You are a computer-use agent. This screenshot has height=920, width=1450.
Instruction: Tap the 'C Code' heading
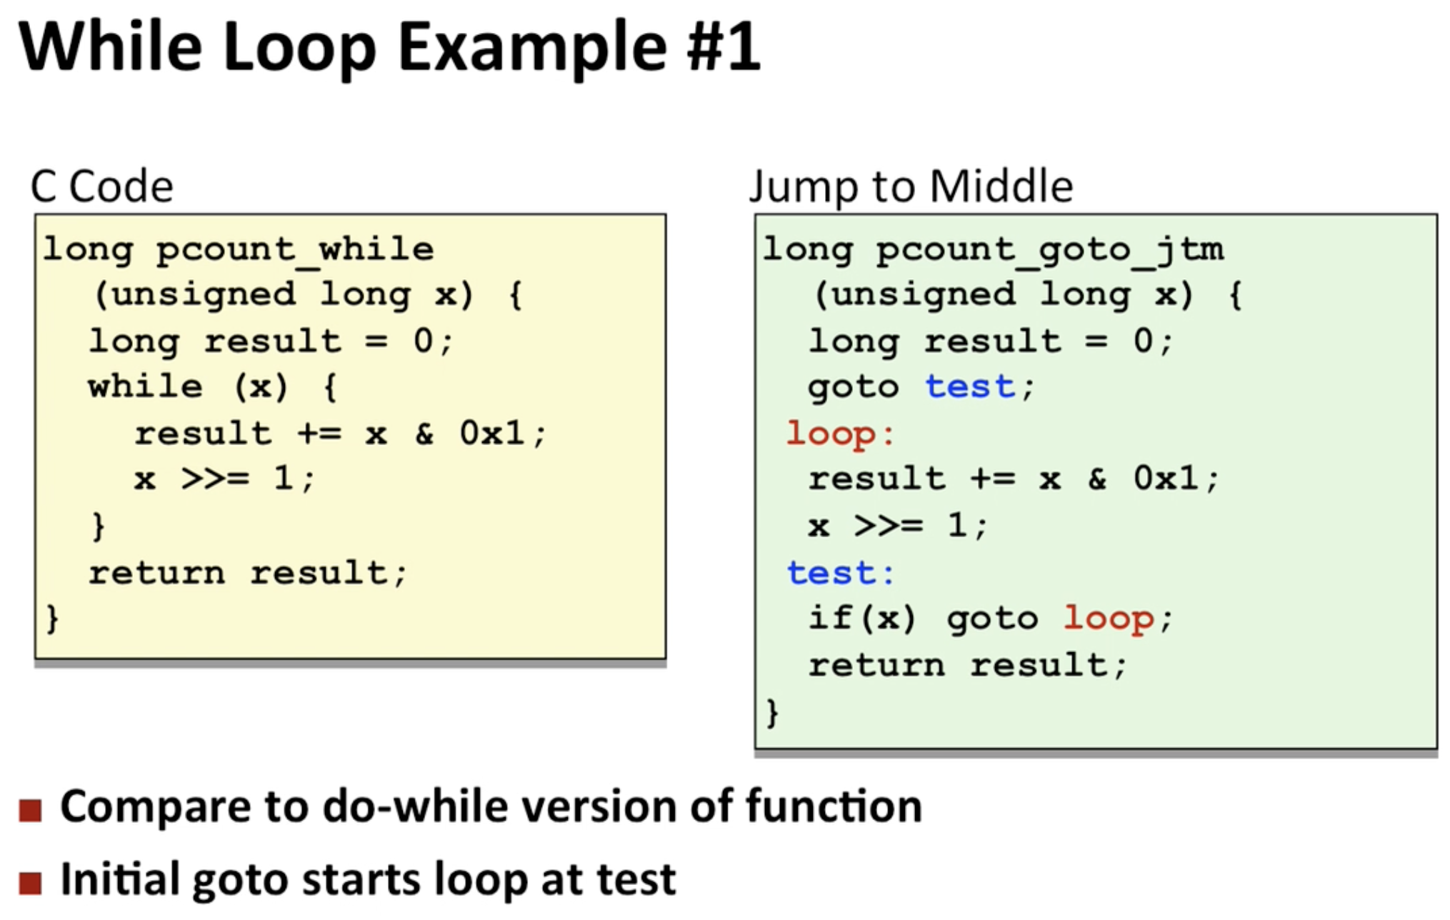(102, 186)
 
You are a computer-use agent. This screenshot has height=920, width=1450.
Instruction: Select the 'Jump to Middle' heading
(911, 186)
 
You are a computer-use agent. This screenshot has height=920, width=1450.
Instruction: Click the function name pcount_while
(295, 250)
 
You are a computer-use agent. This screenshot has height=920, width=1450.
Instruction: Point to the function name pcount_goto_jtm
(1050, 250)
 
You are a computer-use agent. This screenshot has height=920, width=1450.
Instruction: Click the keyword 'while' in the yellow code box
(146, 386)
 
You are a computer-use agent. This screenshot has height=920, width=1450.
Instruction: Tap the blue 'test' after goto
(970, 387)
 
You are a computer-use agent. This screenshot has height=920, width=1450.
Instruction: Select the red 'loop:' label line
(840, 434)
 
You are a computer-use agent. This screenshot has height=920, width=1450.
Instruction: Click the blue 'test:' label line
(840, 573)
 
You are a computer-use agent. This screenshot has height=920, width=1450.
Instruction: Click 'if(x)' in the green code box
(862, 618)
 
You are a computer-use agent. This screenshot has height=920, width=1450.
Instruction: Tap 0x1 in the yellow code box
(491, 433)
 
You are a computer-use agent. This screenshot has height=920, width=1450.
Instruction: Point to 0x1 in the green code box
(1166, 479)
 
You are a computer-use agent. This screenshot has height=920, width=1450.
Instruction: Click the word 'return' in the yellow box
(157, 573)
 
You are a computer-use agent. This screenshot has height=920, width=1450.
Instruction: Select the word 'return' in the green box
(877, 666)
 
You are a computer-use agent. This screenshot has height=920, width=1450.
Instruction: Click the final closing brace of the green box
(772, 713)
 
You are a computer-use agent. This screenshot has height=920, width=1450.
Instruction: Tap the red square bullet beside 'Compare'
(31, 811)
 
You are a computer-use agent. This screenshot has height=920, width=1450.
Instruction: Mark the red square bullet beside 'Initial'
(31, 883)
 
